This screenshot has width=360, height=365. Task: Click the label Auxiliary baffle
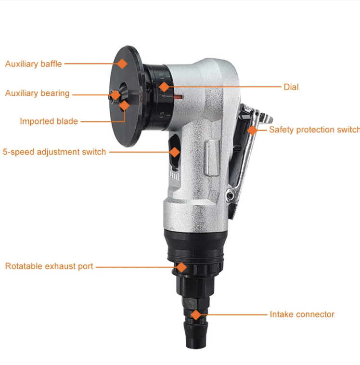[34, 64]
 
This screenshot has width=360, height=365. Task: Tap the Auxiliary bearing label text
[37, 93]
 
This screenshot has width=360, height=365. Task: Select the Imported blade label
[49, 121]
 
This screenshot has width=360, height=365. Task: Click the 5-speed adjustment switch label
[54, 152]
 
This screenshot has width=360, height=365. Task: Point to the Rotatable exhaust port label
[49, 266]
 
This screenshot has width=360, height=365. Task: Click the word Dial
[291, 87]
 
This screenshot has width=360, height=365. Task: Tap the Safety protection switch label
[314, 130]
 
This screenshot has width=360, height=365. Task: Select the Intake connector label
[302, 314]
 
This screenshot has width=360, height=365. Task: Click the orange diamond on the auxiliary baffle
[122, 64]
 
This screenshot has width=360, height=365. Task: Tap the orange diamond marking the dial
[164, 87]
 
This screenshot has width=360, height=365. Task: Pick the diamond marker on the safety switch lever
[252, 130]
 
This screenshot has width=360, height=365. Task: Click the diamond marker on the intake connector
[196, 315]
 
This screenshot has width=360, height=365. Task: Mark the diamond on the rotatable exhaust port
[181, 267]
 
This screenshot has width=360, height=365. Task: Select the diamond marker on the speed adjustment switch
[175, 152]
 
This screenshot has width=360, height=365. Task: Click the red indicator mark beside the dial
[178, 97]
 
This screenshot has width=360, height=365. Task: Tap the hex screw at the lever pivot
[230, 196]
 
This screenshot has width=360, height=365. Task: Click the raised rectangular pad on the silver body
[212, 157]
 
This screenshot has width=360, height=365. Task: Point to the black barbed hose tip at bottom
[196, 335]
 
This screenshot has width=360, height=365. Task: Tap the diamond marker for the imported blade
[125, 105]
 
